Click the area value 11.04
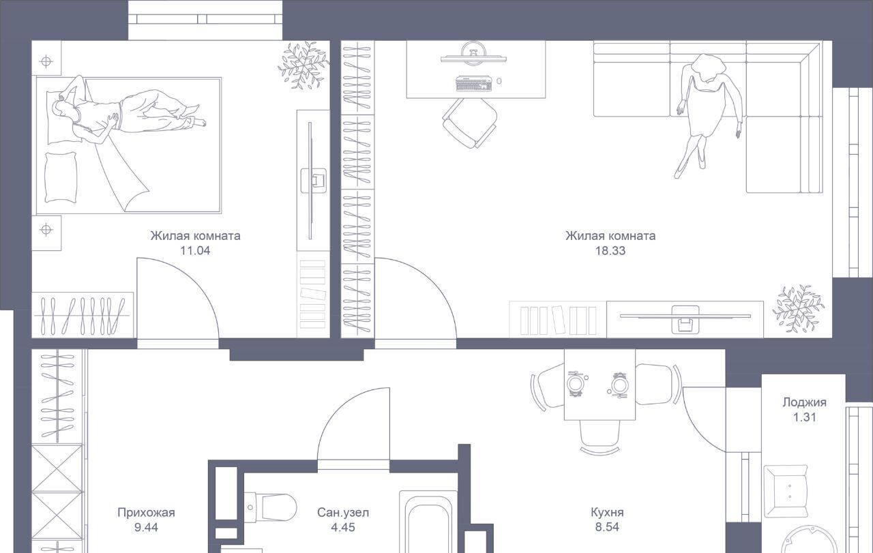(x=195, y=250)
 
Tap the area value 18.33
(x=610, y=250)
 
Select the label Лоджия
(x=804, y=402)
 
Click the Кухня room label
(x=607, y=512)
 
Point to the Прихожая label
(x=146, y=513)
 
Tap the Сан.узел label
(x=343, y=513)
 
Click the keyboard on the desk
(x=474, y=83)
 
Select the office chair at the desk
(x=470, y=123)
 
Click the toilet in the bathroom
(x=271, y=507)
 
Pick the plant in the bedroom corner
(x=304, y=65)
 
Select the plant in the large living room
(x=798, y=309)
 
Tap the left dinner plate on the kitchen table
(x=575, y=383)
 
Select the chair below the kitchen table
(x=600, y=437)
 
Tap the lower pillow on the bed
(x=61, y=177)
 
